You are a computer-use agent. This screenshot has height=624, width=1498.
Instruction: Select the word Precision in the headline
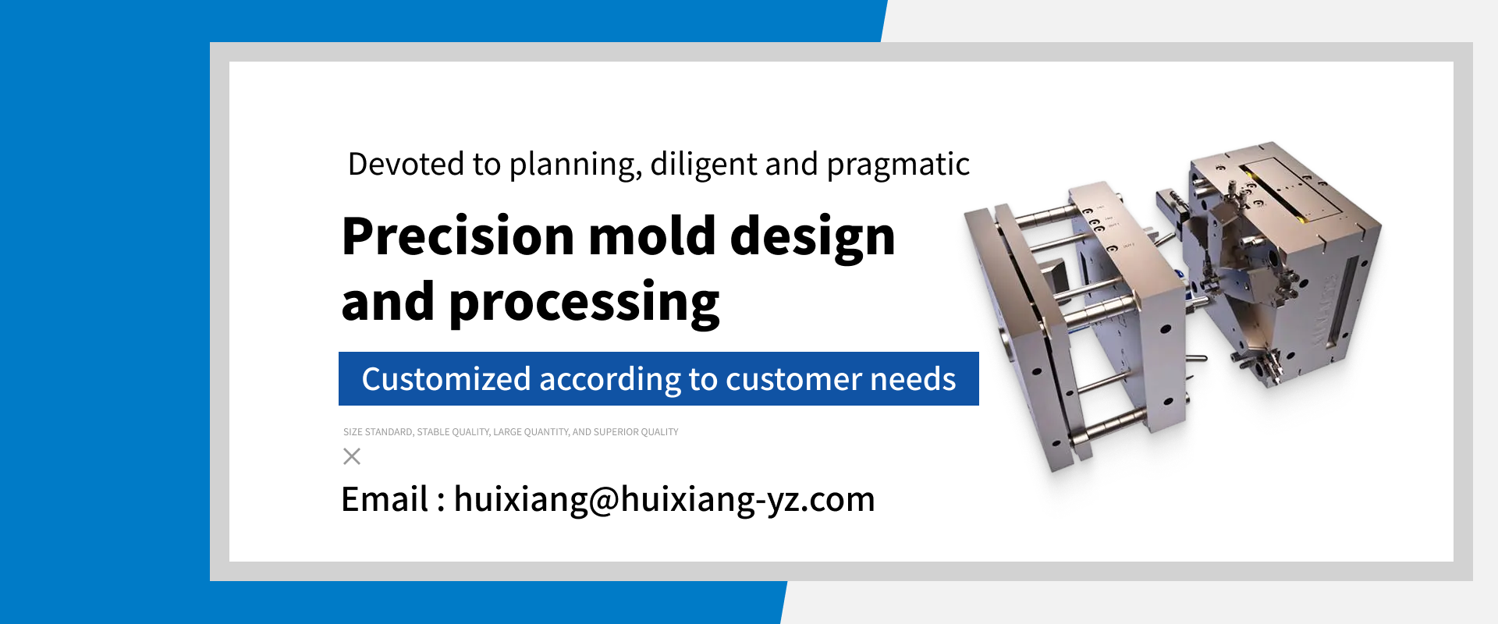[x=458, y=236]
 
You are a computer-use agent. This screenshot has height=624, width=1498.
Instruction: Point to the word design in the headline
[x=812, y=237]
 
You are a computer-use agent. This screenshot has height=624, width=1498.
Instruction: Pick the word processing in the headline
[x=584, y=304]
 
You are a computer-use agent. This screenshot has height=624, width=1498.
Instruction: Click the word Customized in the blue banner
[x=446, y=379]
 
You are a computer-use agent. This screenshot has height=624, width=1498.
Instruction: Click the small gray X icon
[x=352, y=456]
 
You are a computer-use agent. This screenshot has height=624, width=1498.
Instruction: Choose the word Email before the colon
[x=385, y=499]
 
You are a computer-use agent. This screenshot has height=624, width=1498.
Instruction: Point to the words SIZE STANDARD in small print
[x=378, y=432]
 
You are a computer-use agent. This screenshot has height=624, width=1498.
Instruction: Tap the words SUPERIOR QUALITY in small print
[x=636, y=432]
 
